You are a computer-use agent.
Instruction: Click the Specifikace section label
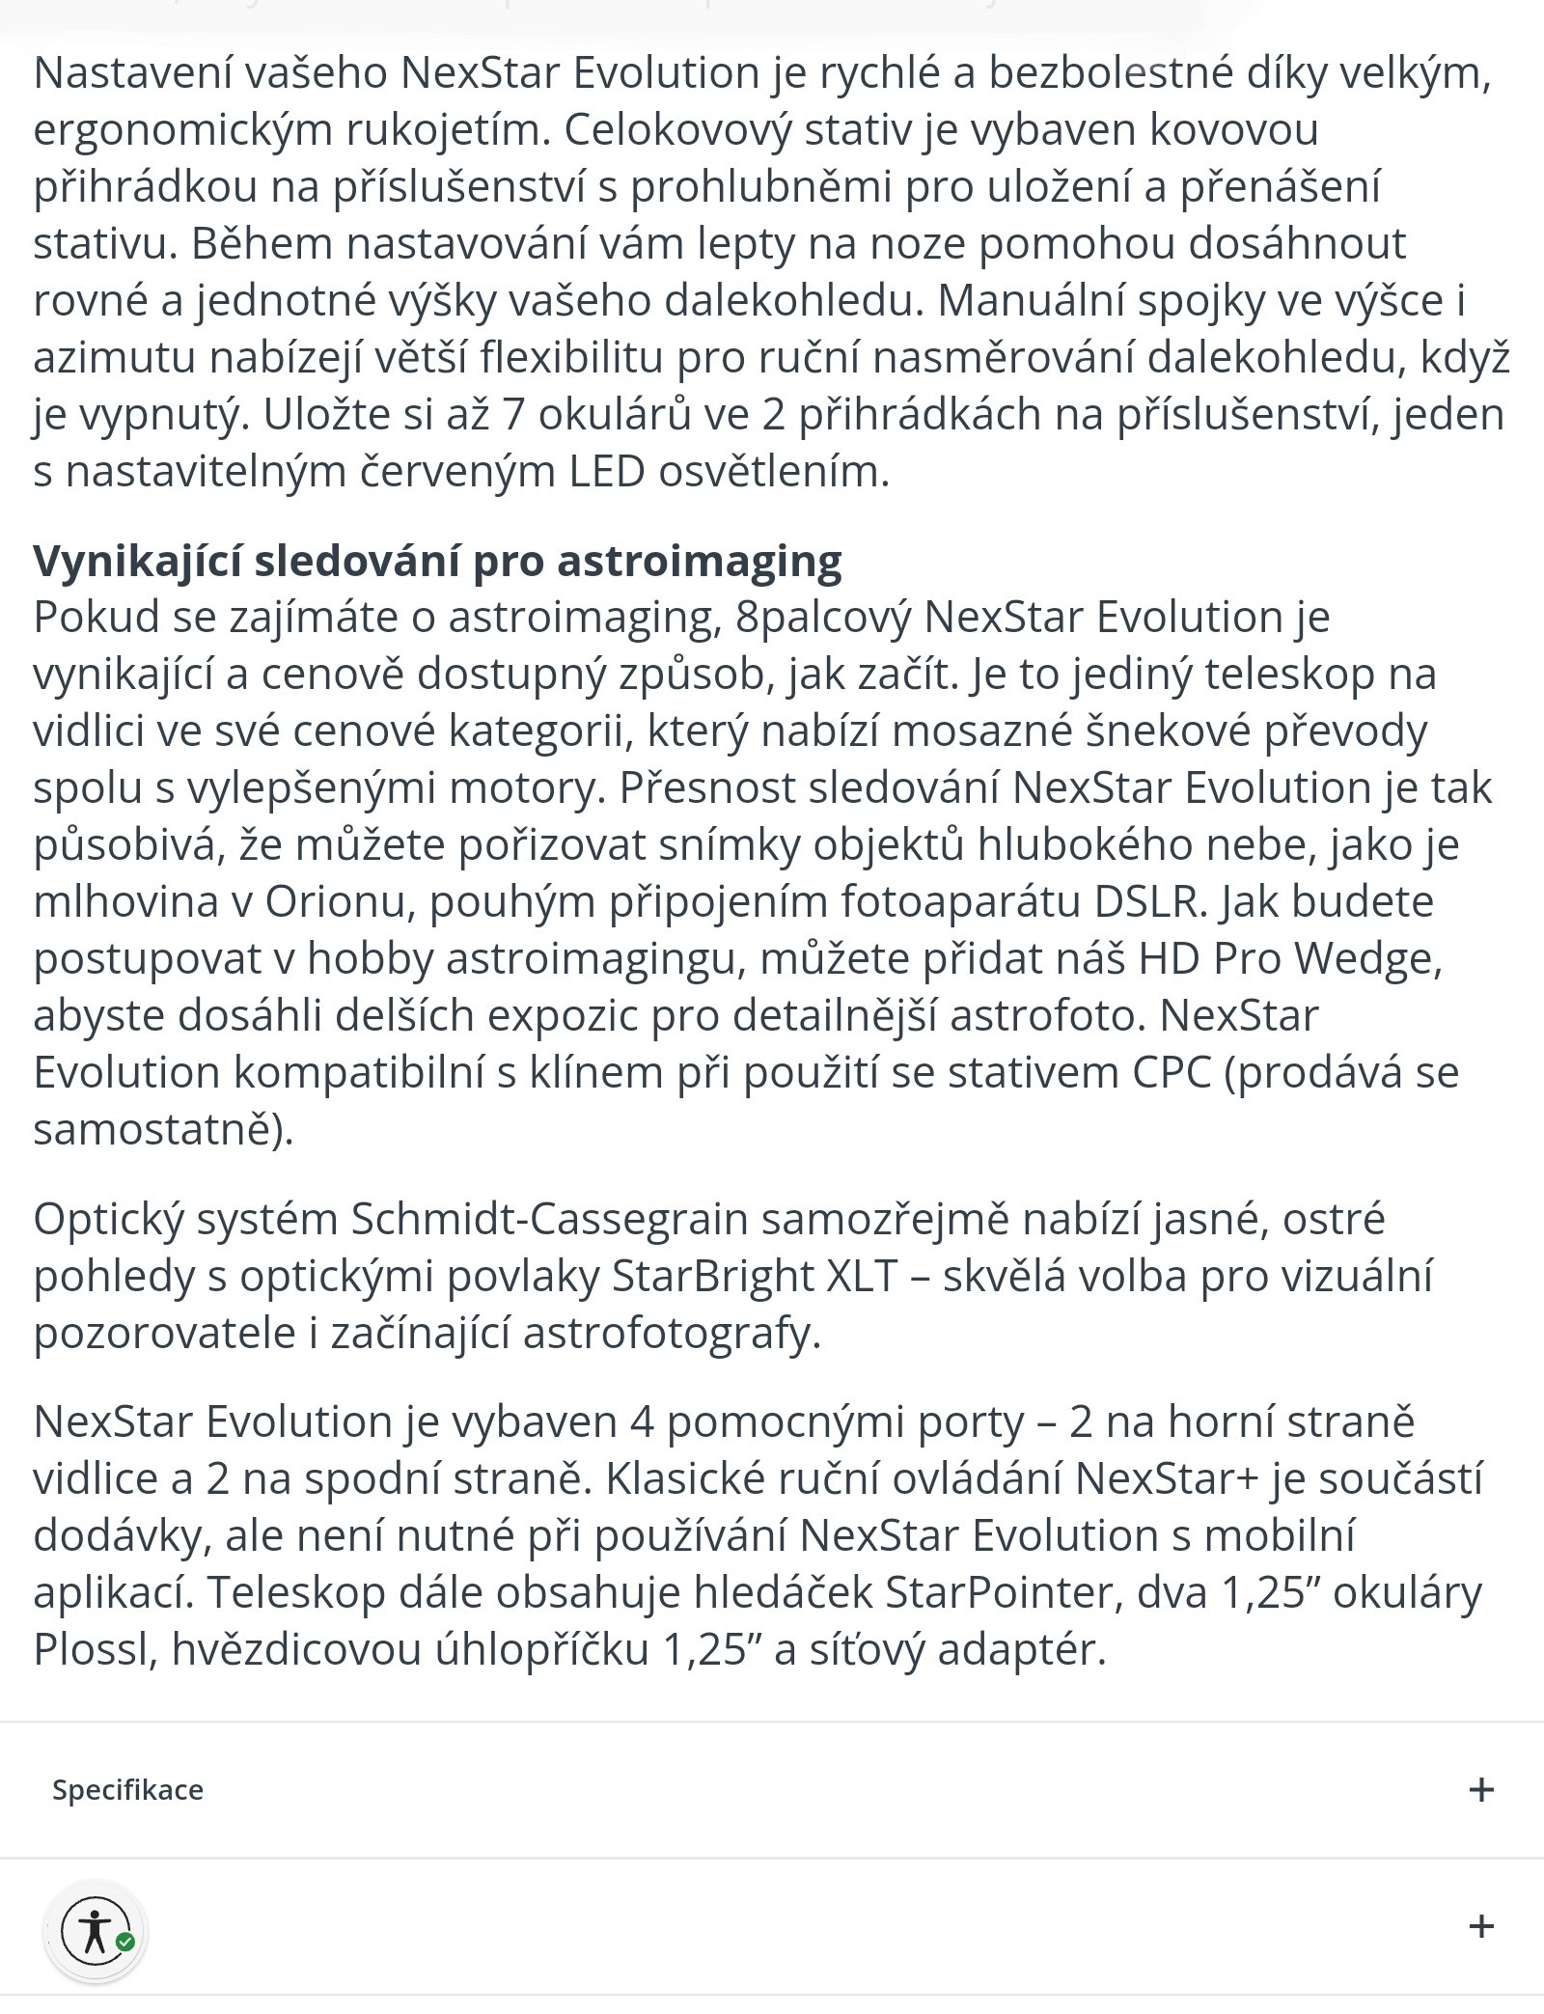[127, 1790]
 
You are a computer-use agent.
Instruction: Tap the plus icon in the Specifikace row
[1480, 1790]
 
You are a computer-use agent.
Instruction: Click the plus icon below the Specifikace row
[1480, 1927]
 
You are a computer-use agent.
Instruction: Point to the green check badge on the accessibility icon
[125, 1942]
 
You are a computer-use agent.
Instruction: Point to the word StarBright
[712, 1277]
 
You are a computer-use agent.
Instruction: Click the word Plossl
[94, 1650]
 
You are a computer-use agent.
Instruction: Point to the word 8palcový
[822, 618]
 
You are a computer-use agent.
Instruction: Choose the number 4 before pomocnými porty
[642, 1422]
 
